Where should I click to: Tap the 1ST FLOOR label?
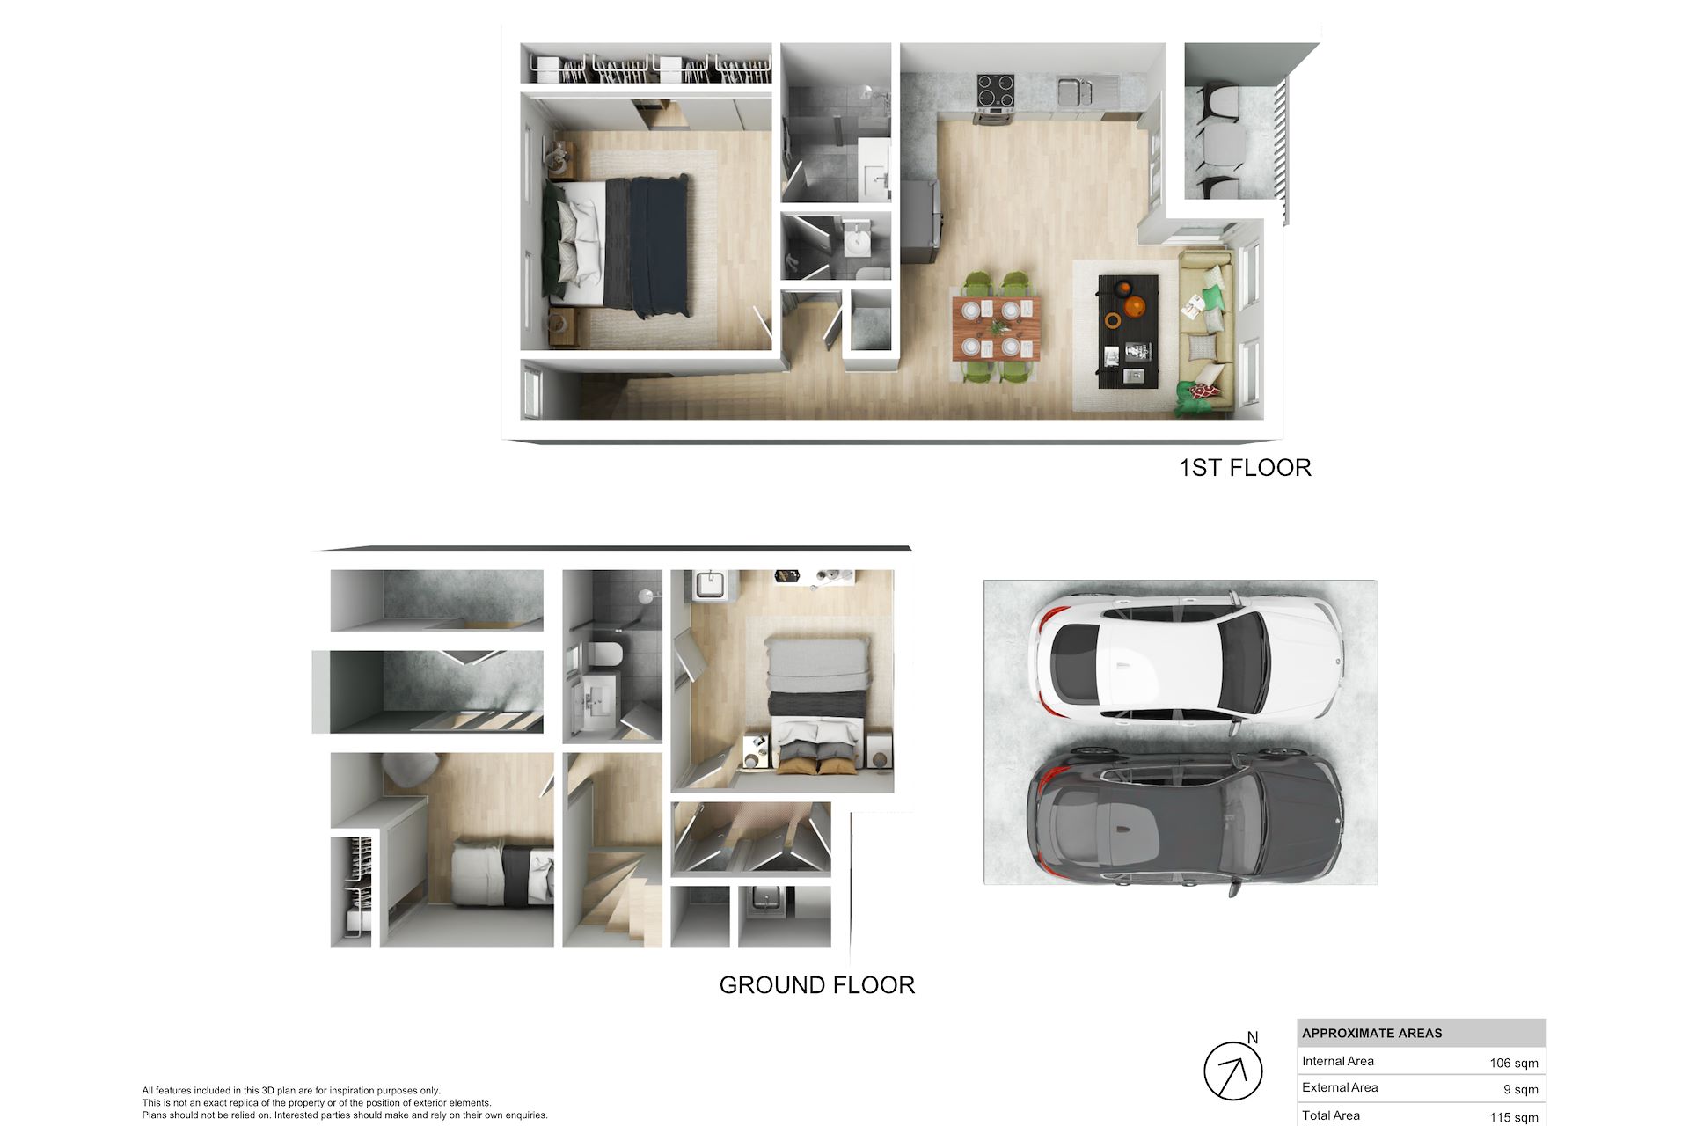(x=1245, y=467)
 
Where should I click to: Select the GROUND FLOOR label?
(x=817, y=984)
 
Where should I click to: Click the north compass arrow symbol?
(x=1233, y=1071)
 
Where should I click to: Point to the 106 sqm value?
(x=1514, y=1063)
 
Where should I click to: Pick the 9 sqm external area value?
(x=1521, y=1089)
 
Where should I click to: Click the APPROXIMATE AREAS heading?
(x=1372, y=1033)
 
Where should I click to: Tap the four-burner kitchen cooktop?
(x=996, y=91)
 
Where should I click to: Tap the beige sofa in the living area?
(x=1205, y=333)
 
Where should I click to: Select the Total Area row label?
(x=1331, y=1115)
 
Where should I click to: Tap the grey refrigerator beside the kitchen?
(x=920, y=222)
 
